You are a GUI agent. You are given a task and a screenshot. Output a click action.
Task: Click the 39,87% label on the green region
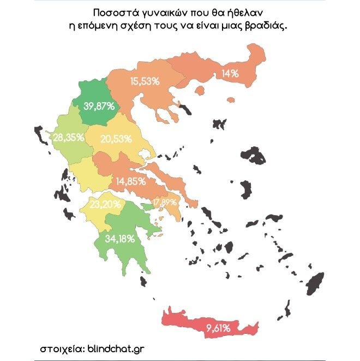[99, 106]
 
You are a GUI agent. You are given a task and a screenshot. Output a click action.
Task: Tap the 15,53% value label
[145, 81]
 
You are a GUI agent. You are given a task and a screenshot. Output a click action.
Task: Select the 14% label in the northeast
[230, 74]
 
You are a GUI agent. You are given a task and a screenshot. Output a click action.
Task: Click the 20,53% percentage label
[116, 139]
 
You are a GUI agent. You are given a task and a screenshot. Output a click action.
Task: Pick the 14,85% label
[131, 181]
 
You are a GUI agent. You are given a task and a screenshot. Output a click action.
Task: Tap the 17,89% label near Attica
[165, 203]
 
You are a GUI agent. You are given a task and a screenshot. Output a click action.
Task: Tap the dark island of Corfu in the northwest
[40, 134]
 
